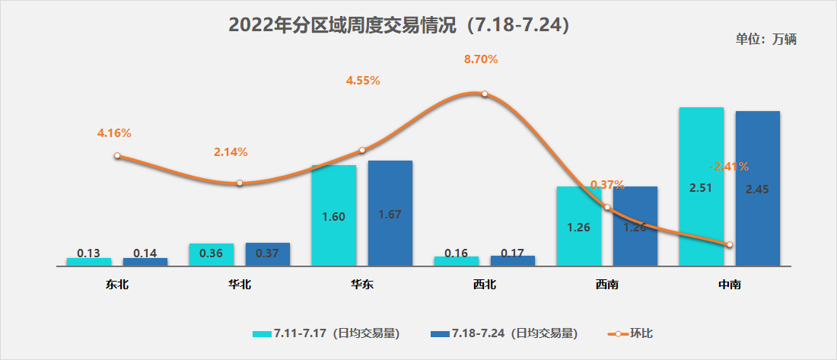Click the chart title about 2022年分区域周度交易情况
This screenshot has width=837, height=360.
tap(399, 25)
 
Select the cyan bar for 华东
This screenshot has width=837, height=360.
tap(333, 215)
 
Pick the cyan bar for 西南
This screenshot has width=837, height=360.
tap(579, 226)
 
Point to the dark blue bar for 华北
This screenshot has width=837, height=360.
tap(267, 254)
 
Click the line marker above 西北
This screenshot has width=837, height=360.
tap(485, 94)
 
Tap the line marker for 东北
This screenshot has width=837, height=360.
tap(117, 155)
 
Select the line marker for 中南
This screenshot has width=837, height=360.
tap(730, 244)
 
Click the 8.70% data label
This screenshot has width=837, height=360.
tap(481, 59)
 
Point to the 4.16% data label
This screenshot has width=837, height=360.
tap(114, 133)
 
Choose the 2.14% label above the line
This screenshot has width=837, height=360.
tap(231, 152)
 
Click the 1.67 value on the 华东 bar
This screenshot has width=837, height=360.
tap(390, 215)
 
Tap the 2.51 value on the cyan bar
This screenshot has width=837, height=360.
tap(700, 189)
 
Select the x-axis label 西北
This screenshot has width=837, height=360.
tap(484, 285)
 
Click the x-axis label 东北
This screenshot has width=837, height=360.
tap(117, 285)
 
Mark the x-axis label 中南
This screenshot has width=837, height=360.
tap(730, 285)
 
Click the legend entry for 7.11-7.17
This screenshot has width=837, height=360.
tap(326, 333)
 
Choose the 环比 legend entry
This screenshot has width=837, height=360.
tap(631, 333)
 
